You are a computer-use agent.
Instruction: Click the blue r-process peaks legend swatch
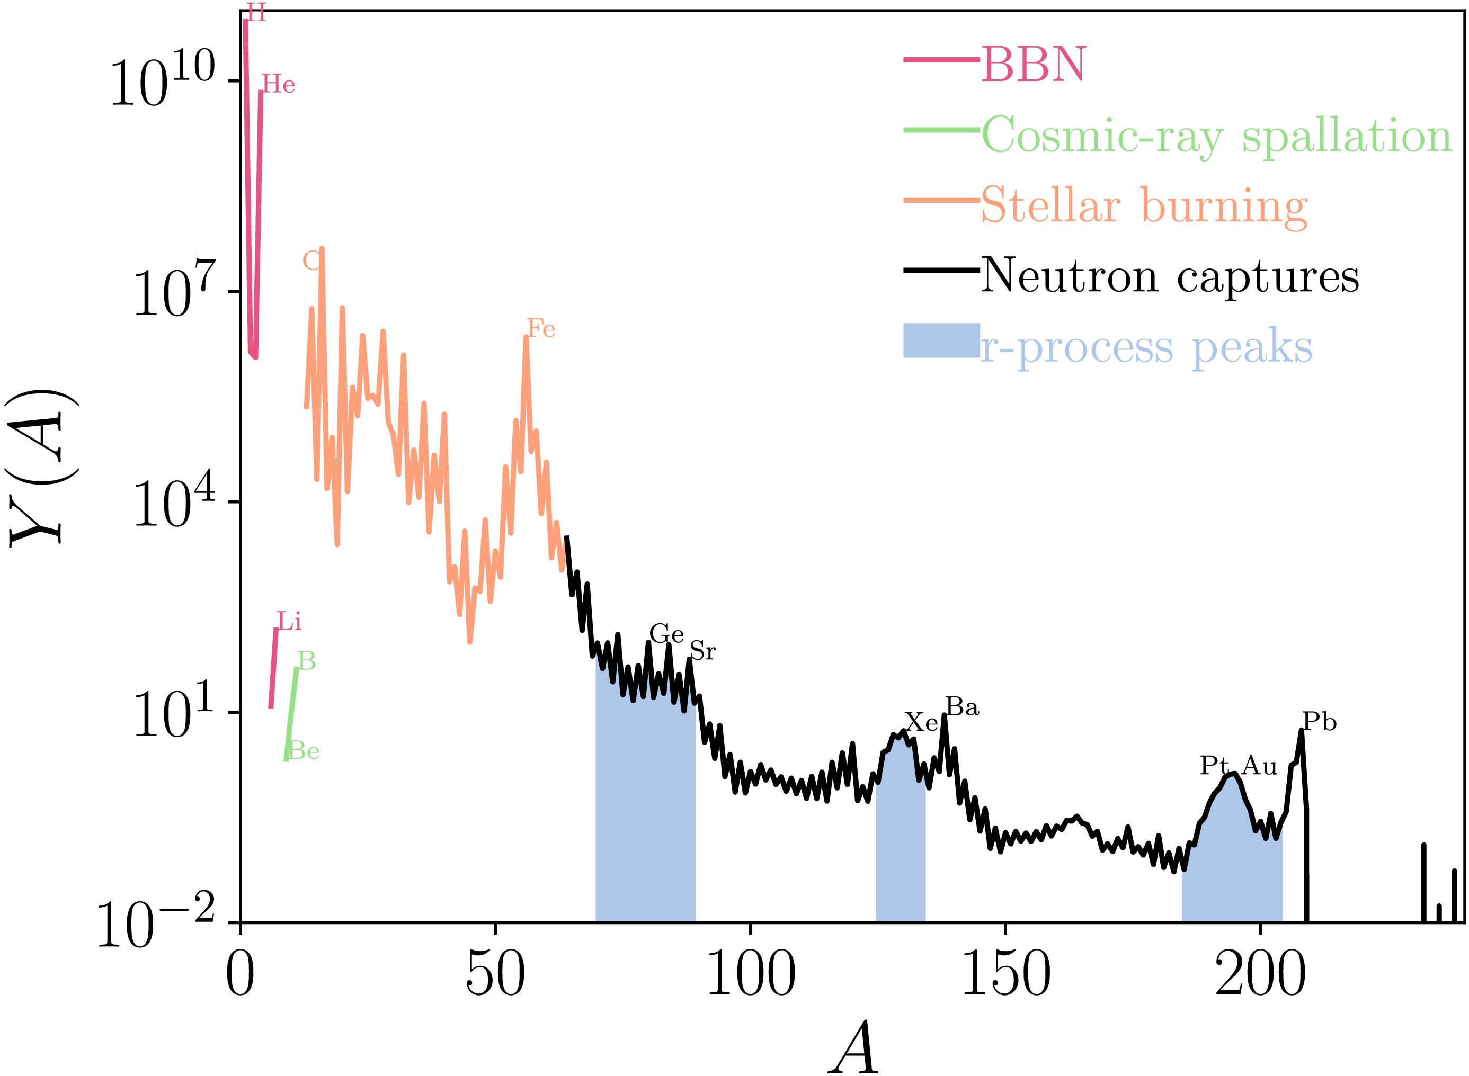pos(941,340)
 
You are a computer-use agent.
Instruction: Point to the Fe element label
pos(541,329)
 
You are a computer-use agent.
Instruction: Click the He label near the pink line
pos(279,85)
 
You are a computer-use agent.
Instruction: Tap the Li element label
pos(289,622)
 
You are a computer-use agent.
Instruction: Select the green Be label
pos(304,751)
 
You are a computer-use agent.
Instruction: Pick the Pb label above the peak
pos(1319,722)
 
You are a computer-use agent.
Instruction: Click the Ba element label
pos(962,707)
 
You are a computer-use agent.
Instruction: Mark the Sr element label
pos(703,651)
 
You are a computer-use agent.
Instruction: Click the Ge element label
pos(666,634)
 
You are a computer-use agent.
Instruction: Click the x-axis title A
pos(853,1048)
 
